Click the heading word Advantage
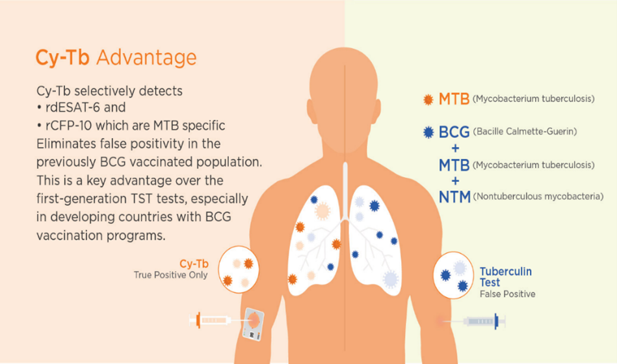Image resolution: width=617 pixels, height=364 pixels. [x=146, y=58]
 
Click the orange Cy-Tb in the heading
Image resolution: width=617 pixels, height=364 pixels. [x=62, y=58]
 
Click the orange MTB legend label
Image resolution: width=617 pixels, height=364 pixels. [x=454, y=99]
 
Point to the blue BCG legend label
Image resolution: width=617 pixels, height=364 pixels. [x=454, y=132]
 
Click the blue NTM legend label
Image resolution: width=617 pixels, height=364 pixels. [x=454, y=197]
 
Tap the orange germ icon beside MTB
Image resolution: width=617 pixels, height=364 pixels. [x=428, y=99]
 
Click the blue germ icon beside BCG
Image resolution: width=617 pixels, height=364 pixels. [x=428, y=132]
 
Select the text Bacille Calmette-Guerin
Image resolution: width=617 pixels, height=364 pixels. [x=525, y=131]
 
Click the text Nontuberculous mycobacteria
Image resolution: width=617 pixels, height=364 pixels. [x=538, y=196]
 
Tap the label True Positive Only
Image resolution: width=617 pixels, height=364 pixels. [x=170, y=275]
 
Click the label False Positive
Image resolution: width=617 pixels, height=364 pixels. [x=507, y=294]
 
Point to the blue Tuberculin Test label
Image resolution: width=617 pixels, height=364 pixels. [x=506, y=277]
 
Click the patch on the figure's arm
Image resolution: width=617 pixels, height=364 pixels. [x=253, y=324]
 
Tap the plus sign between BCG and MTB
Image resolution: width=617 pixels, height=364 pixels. [x=455, y=148]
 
